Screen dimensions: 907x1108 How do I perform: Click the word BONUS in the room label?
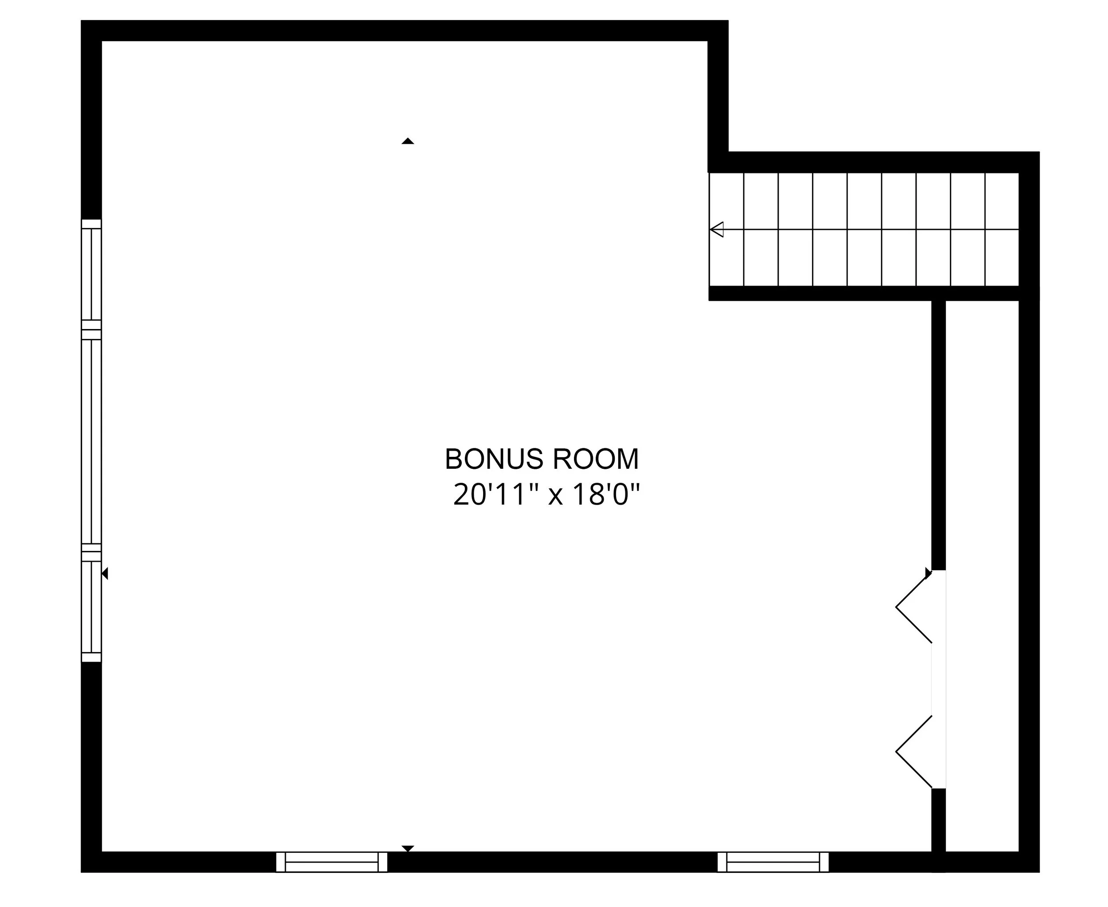click(493, 459)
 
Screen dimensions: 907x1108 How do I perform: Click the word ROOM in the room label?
click(595, 459)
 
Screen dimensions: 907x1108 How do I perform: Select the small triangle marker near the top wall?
click(408, 141)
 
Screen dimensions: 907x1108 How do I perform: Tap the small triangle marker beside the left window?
click(105, 573)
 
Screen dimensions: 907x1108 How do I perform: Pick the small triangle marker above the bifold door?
click(928, 573)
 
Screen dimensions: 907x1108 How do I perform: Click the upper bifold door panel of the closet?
click(914, 607)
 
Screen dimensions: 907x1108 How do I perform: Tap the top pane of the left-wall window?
click(91, 274)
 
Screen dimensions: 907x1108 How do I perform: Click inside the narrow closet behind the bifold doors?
click(982, 575)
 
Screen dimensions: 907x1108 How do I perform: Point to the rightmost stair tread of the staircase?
click(1002, 229)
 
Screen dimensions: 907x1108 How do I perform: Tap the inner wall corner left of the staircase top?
click(718, 162)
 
